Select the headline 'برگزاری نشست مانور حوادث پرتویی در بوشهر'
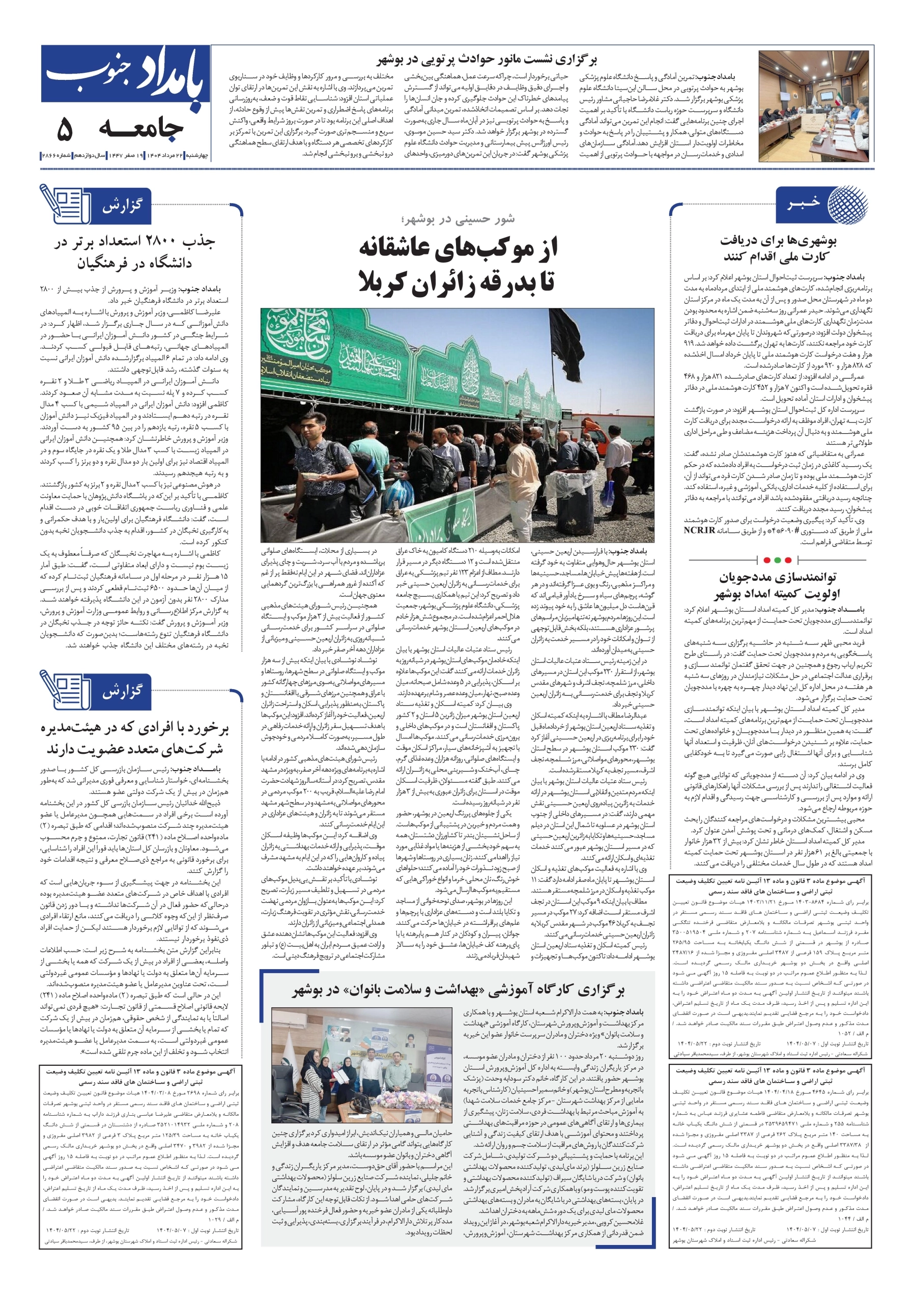(487, 60)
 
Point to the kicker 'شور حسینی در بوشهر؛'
(458, 218)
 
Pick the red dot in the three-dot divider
(767, 560)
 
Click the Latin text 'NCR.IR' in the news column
(699, 530)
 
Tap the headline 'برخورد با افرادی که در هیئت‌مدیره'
(135, 729)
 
